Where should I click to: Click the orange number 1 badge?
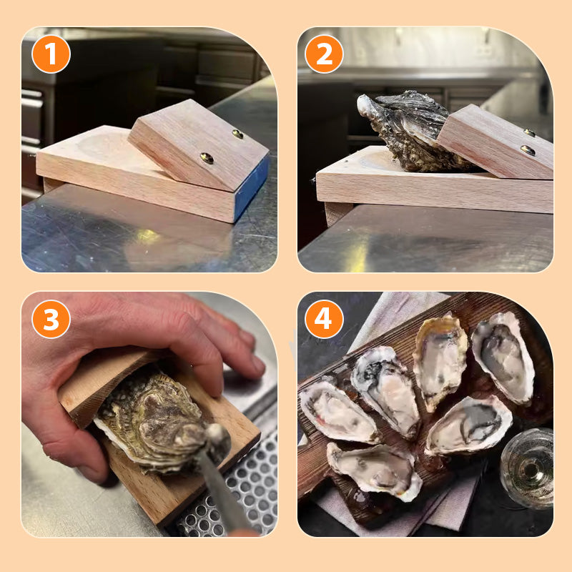click(x=51, y=54)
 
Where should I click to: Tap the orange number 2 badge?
click(x=324, y=54)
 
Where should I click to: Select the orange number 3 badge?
click(x=51, y=319)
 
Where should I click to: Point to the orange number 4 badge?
click(x=324, y=319)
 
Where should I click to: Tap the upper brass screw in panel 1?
click(x=237, y=134)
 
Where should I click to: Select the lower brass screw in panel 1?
click(x=207, y=158)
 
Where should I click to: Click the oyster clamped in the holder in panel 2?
click(x=404, y=132)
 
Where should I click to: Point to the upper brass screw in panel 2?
click(x=530, y=132)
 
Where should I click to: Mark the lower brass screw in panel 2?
click(x=527, y=150)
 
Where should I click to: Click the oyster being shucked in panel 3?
click(x=154, y=422)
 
